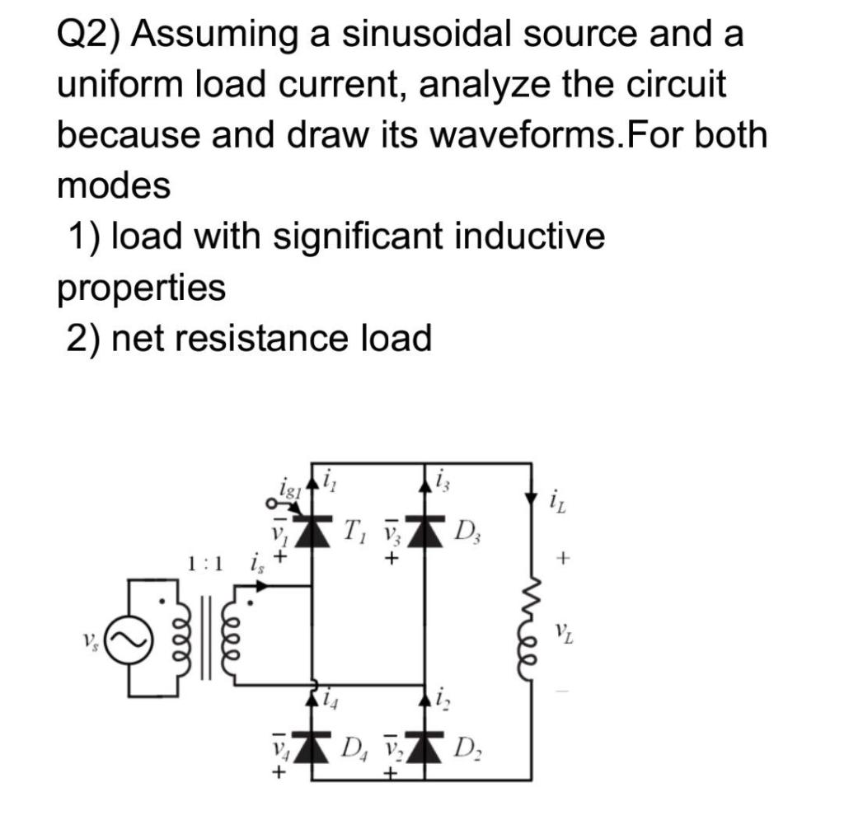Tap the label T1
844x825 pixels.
[x=355, y=526]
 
